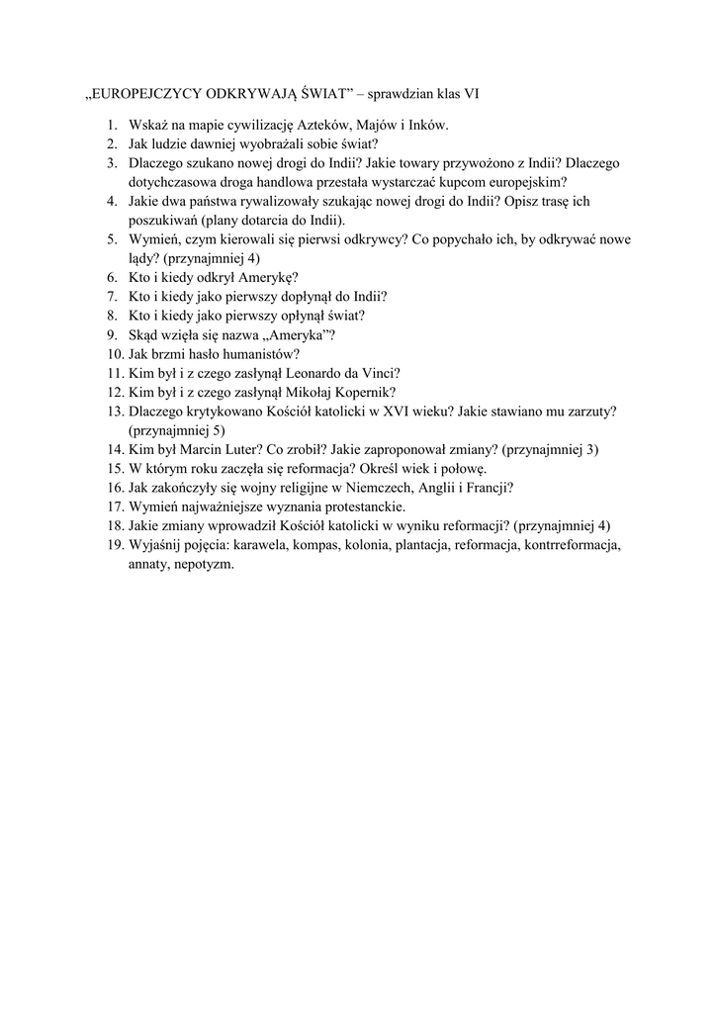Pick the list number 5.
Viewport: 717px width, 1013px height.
click(x=112, y=238)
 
